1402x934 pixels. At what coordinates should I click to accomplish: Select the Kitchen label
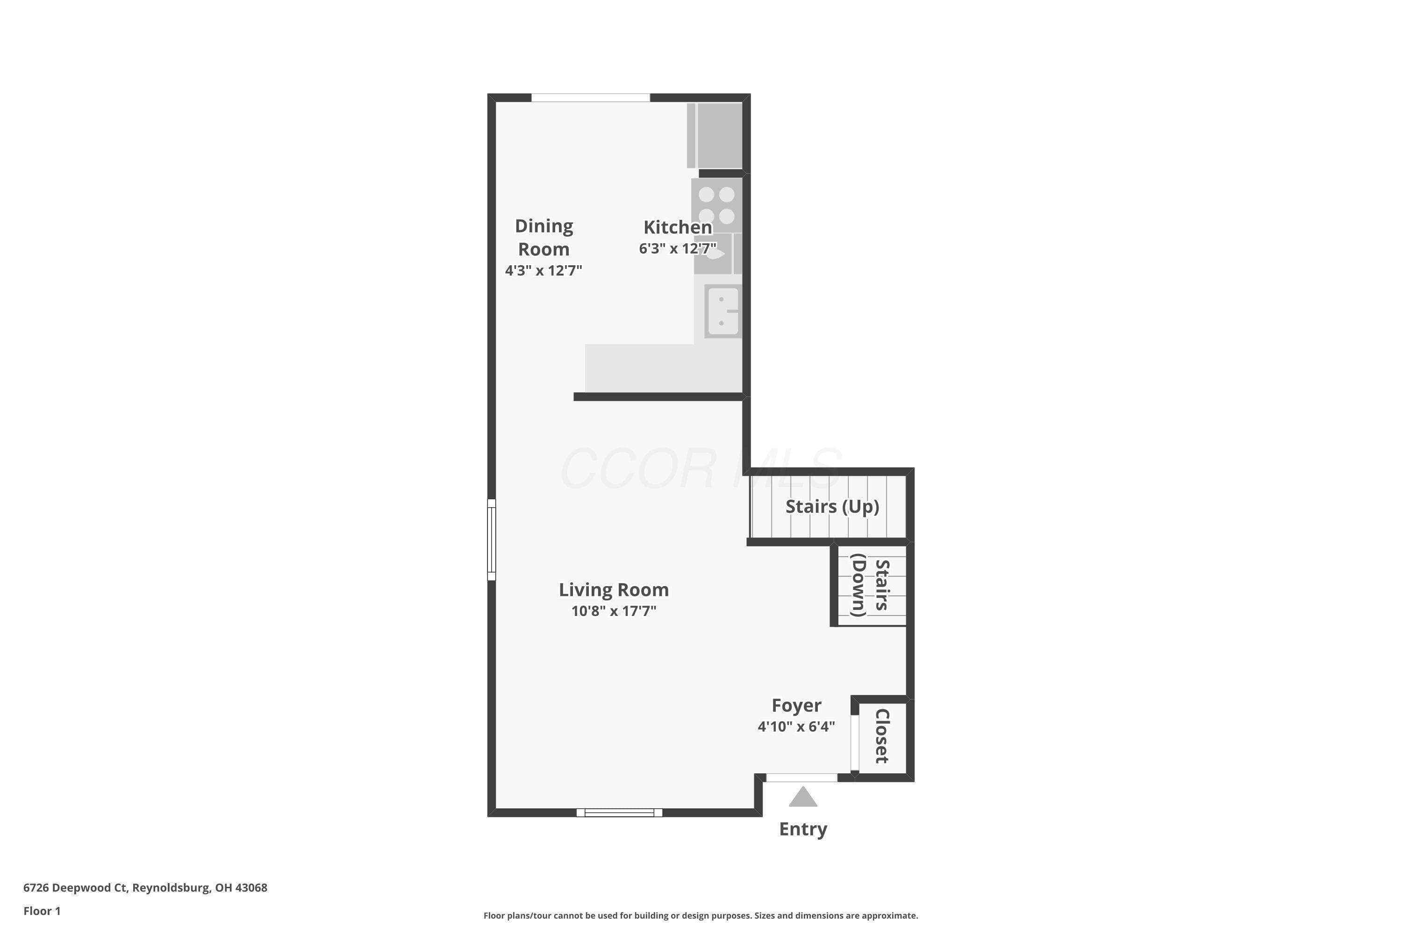(678, 227)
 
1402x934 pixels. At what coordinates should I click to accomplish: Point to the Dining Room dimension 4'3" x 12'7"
(543, 270)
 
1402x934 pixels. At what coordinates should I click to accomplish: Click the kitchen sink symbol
(723, 311)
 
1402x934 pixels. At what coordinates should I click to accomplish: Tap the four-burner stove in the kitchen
(716, 205)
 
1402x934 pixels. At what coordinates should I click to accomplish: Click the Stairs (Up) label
(832, 506)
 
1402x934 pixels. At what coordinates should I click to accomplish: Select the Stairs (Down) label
(870, 586)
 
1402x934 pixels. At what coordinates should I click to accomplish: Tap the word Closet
(881, 736)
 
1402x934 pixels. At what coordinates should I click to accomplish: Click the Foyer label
(796, 705)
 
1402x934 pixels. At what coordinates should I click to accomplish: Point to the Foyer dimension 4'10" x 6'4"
(796, 726)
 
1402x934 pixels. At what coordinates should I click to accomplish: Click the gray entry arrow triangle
(803, 798)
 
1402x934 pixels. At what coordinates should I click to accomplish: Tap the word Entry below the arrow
(803, 829)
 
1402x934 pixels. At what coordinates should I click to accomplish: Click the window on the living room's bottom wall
(619, 813)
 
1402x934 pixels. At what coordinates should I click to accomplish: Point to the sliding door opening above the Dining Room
(591, 98)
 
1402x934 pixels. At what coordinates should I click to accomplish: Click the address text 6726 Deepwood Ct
(75, 888)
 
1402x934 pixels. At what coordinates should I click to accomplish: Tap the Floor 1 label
(42, 911)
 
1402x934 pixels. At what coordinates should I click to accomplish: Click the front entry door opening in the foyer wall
(802, 778)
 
